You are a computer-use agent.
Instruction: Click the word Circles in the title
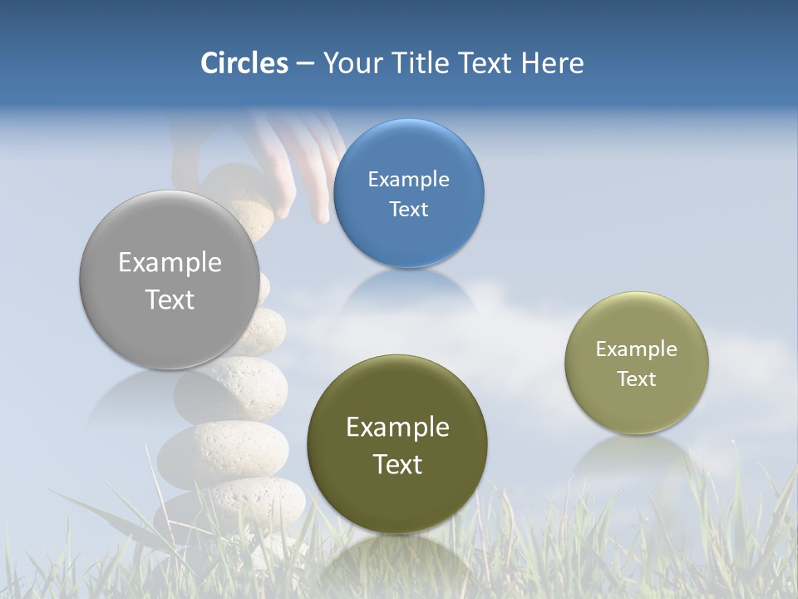244,63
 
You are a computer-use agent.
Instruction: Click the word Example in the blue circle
408,179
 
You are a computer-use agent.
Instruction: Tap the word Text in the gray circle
170,299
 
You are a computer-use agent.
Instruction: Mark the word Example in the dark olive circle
397,427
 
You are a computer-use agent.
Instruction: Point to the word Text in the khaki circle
637,379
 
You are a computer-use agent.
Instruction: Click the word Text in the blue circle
408,210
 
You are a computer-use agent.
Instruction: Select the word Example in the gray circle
170,262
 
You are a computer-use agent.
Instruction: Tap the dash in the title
304,64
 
